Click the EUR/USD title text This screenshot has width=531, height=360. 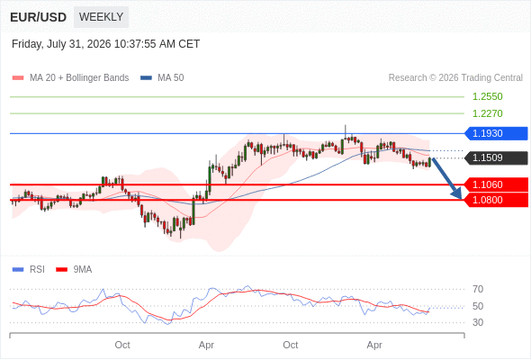click(39, 17)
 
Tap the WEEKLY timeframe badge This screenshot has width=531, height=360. click(102, 17)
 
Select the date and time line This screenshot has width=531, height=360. click(105, 44)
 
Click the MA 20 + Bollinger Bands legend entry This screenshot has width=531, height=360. click(70, 78)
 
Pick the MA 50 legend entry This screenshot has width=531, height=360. click(162, 78)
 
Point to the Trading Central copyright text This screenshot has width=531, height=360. click(455, 78)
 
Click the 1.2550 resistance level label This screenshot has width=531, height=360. click(487, 96)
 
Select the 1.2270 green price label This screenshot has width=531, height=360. click(487, 113)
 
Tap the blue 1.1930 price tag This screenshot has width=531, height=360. click(496, 133)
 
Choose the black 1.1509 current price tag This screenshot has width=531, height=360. click(496, 157)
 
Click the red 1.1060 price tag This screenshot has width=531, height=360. click(496, 184)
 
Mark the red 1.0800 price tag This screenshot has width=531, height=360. click(496, 200)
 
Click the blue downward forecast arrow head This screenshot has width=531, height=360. click(457, 194)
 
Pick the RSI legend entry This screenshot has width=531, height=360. click(28, 270)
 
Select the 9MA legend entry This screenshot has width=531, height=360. click(74, 270)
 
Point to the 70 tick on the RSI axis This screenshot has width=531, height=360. click(478, 289)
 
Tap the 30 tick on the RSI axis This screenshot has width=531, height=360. click(478, 322)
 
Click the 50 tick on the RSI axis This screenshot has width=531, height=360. click(478, 306)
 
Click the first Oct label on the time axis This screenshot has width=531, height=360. click(122, 345)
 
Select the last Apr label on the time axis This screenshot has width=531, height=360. click(374, 346)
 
